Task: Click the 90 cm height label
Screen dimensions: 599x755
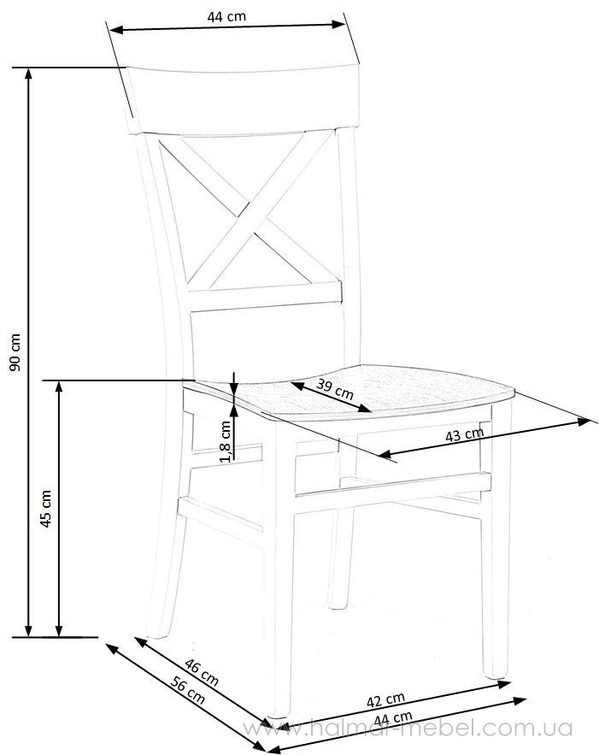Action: tap(16, 352)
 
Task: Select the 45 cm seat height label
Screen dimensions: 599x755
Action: tap(46, 509)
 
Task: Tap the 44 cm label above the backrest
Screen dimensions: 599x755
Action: tap(226, 16)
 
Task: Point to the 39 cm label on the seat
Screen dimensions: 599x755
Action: tap(335, 389)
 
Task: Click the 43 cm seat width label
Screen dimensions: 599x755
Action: tap(464, 434)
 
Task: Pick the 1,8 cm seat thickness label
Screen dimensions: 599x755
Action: tap(226, 441)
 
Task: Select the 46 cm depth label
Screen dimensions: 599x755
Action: tap(202, 673)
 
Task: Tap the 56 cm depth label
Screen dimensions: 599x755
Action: tap(188, 691)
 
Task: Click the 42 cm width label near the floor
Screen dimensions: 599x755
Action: tap(385, 699)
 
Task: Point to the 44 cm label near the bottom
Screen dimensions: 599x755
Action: tap(393, 718)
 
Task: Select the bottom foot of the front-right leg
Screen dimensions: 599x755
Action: tap(496, 674)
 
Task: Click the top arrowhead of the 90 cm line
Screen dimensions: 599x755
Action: tap(28, 73)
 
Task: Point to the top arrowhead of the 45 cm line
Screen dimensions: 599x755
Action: tap(59, 386)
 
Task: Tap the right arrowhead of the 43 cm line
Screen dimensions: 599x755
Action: tap(584, 422)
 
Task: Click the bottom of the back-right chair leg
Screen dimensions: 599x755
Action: tap(338, 605)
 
